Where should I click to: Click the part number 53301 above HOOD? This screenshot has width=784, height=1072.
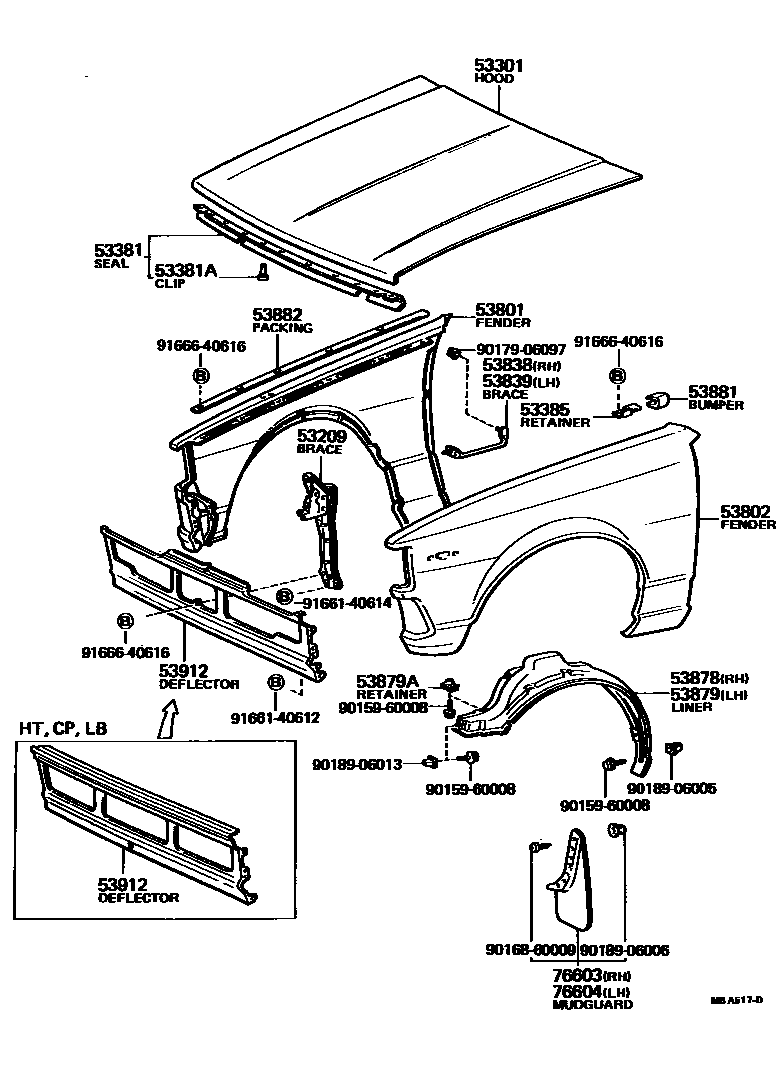click(x=499, y=65)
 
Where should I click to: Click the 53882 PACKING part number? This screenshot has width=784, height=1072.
click(x=277, y=315)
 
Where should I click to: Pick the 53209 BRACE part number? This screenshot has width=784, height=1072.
click(x=320, y=436)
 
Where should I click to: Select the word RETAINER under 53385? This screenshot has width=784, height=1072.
click(x=554, y=422)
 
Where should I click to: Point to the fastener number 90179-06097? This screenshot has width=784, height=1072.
click(x=521, y=350)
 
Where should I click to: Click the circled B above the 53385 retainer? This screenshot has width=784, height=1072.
click(x=617, y=376)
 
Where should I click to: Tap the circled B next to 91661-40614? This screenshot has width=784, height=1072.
click(x=285, y=596)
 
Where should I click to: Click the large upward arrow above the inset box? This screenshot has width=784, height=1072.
click(x=168, y=714)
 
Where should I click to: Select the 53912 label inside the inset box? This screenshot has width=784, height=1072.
click(x=123, y=884)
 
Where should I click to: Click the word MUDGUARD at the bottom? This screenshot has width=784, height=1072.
click(x=593, y=1003)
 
